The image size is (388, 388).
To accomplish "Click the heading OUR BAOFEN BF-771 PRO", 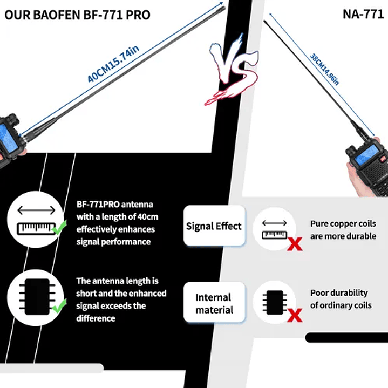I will (77, 14).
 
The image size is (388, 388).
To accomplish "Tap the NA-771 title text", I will (363, 14).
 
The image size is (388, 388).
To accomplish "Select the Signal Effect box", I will (214, 226).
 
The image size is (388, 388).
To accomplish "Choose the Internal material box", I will (214, 303).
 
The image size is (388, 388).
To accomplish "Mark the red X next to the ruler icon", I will (295, 244).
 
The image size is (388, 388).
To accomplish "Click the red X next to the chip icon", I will (295, 315).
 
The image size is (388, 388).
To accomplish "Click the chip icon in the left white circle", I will (35, 298).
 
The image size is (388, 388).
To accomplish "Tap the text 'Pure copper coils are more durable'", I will (343, 229).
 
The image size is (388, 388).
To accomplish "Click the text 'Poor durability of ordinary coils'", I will (341, 299).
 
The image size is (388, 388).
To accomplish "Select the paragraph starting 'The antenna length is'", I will (121, 299).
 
